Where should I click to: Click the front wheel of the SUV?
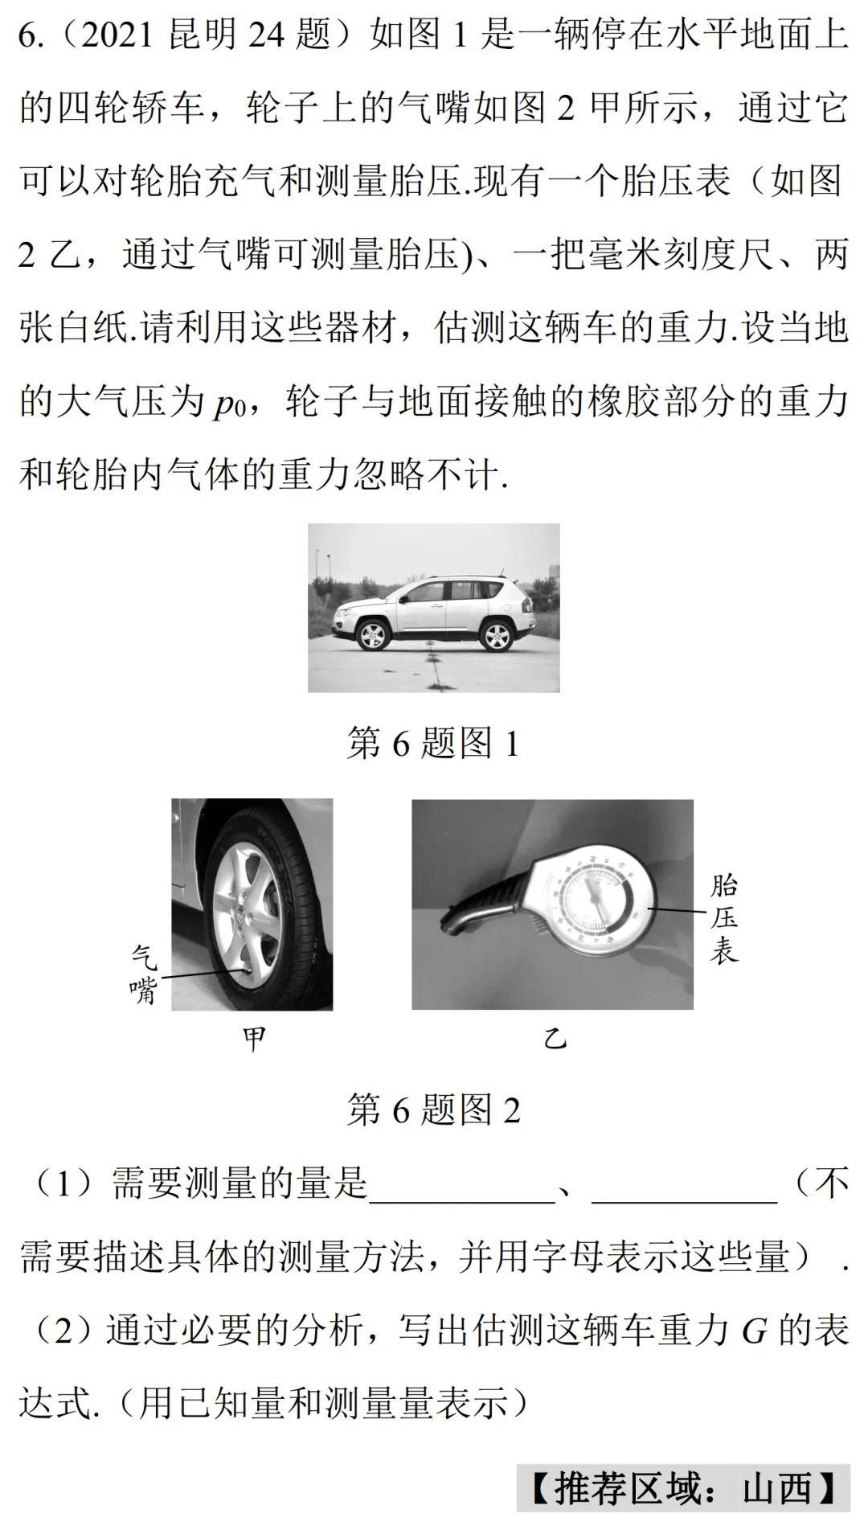click(372, 636)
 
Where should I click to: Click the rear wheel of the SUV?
click(495, 635)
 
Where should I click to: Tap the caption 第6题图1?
click(433, 742)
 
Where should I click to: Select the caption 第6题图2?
click(433, 1110)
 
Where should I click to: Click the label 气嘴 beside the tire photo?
click(145, 974)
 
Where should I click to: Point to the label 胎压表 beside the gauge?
click(724, 918)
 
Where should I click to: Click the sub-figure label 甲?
click(254, 1039)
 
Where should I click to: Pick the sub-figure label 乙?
click(555, 1039)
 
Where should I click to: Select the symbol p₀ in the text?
click(228, 402)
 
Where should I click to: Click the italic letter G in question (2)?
click(755, 1331)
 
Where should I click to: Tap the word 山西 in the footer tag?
click(776, 1488)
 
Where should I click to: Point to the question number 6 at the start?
click(27, 35)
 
